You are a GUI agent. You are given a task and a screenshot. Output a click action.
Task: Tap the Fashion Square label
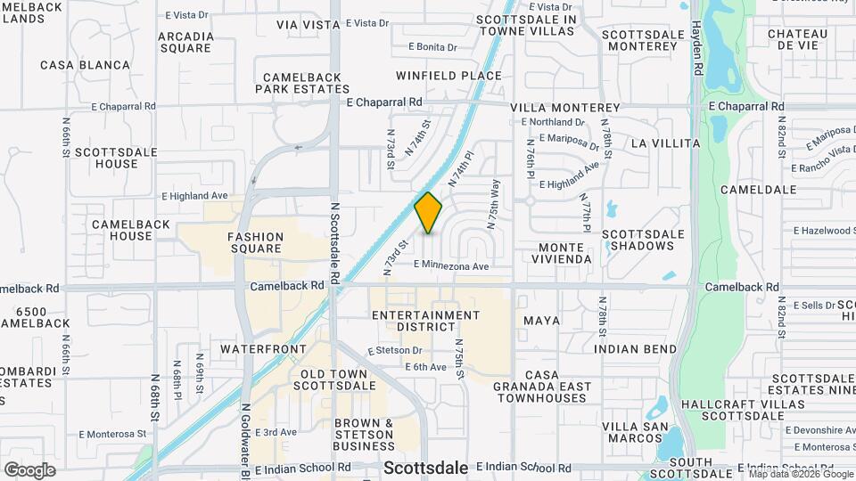click(x=255, y=243)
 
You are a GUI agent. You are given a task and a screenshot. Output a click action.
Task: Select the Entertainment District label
click(x=425, y=321)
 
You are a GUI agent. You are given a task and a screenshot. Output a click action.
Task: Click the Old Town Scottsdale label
click(x=334, y=379)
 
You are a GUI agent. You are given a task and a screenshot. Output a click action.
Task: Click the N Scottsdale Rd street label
click(x=334, y=240)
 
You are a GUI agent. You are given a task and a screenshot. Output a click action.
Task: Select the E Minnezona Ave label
click(x=452, y=265)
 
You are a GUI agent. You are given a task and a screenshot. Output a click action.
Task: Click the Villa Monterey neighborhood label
click(x=565, y=107)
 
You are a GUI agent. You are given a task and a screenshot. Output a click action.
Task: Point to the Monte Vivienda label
click(x=565, y=252)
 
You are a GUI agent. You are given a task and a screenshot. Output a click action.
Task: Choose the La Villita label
click(x=664, y=143)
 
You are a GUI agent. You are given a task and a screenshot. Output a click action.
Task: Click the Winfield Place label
click(x=449, y=76)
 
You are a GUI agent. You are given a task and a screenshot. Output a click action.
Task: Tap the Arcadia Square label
click(x=185, y=42)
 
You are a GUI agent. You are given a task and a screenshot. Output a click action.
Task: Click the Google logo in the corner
click(x=29, y=470)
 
